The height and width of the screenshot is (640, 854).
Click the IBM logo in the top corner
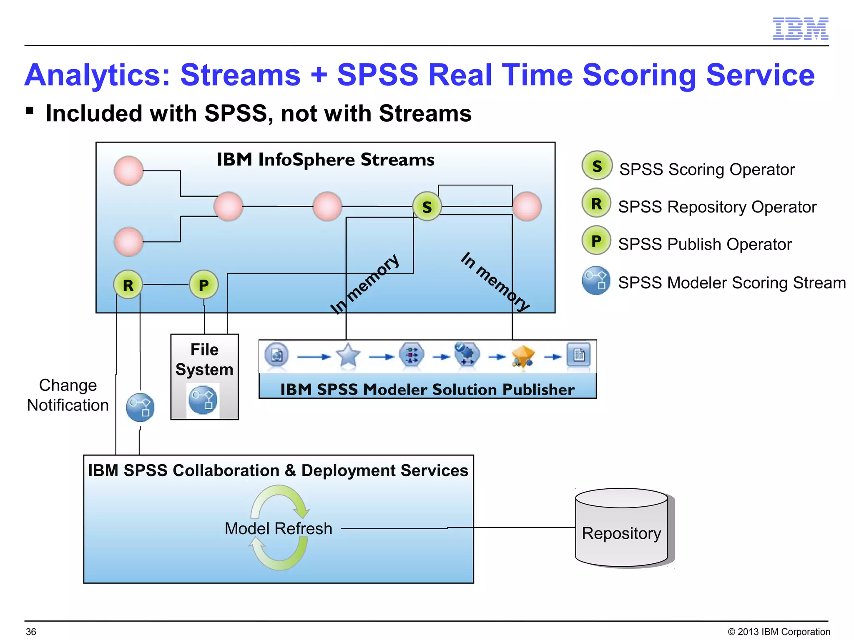800,29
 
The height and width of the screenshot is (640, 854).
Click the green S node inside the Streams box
427,207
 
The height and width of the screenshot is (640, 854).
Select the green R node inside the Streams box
128,285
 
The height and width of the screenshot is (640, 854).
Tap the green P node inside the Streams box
203,285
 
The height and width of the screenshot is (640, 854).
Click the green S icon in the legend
597,166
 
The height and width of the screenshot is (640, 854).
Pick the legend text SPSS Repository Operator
717,207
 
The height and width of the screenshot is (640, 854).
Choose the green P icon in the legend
596,240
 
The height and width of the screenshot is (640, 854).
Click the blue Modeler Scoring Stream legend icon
596,280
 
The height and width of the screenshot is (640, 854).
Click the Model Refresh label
278,528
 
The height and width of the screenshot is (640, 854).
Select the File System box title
204,359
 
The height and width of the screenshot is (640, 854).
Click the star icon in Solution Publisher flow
348,355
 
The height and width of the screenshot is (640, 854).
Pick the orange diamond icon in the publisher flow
523,355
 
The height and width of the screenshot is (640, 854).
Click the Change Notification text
68,395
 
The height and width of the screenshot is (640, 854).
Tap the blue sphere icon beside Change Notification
140,407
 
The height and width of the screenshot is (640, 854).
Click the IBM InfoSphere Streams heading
325,160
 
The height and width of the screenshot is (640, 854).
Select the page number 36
31,632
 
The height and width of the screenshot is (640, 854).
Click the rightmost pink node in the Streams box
527,207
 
